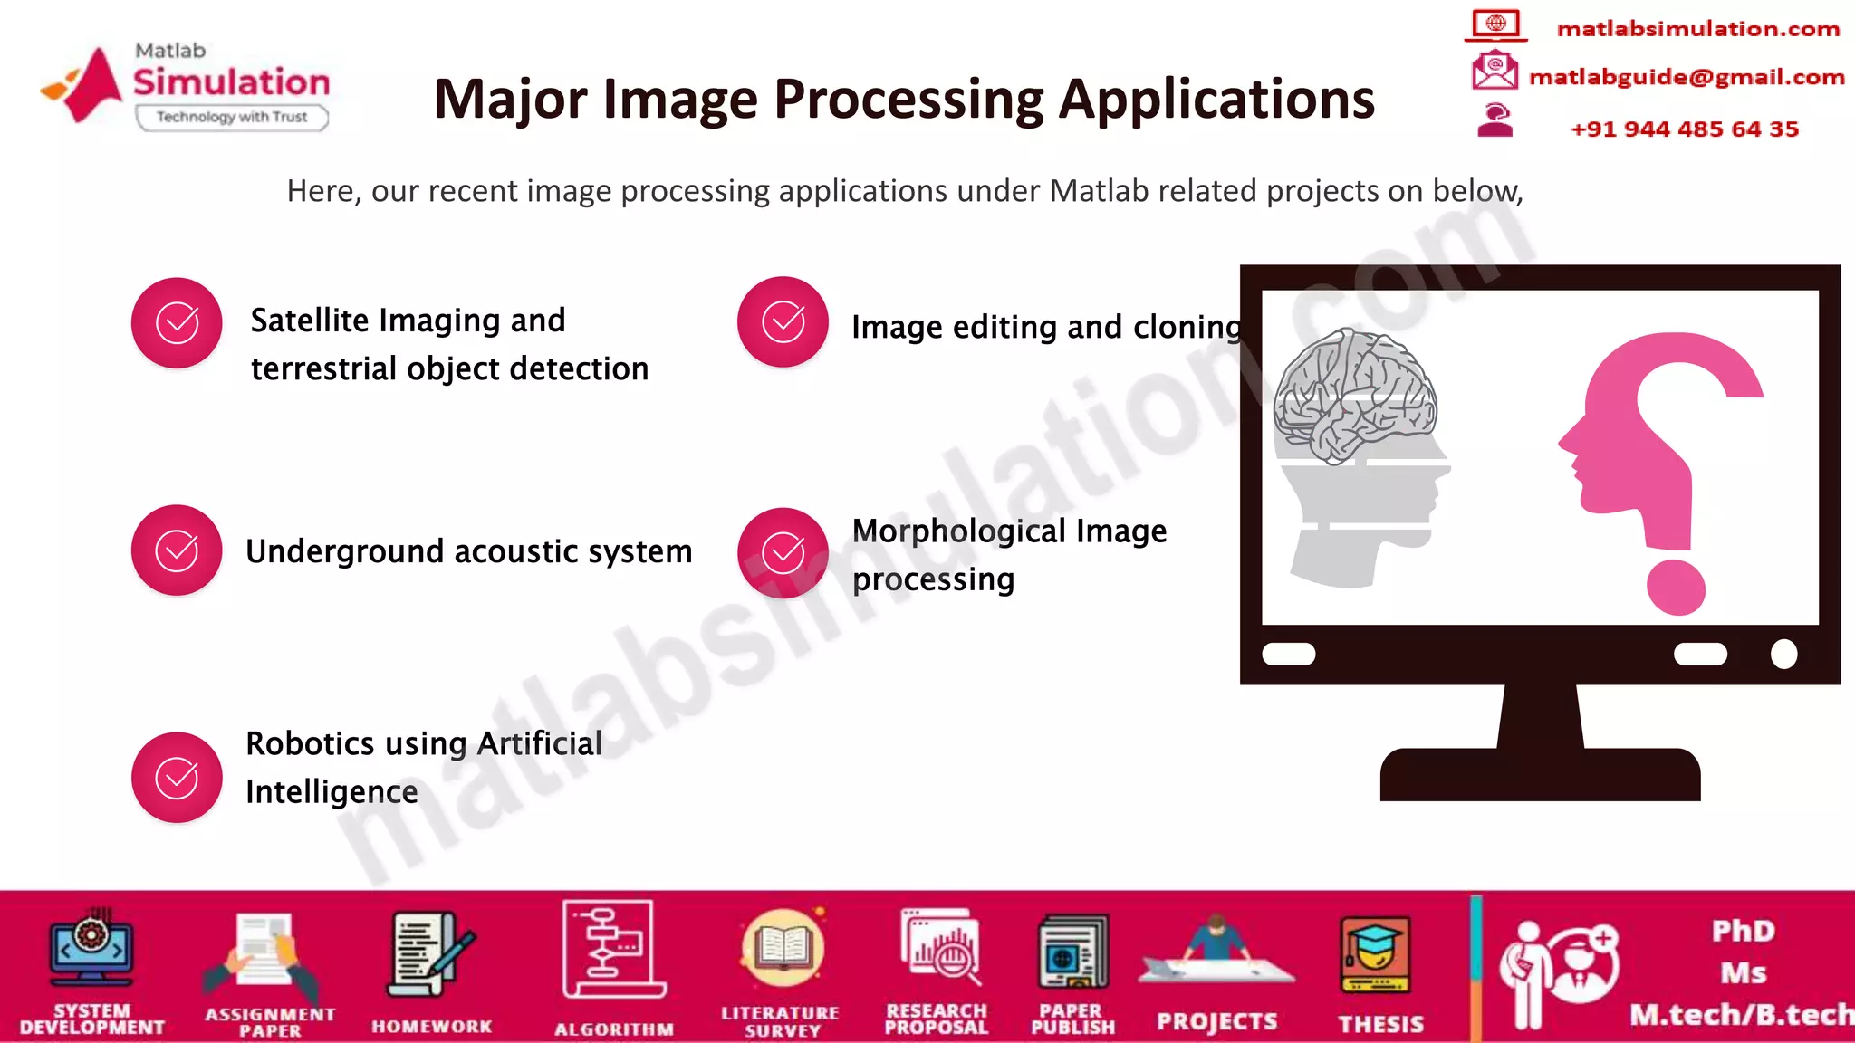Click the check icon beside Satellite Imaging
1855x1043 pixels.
click(177, 323)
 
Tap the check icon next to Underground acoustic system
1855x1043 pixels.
click(177, 550)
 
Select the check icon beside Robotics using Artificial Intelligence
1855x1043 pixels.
click(177, 778)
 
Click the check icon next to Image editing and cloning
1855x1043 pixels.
click(783, 322)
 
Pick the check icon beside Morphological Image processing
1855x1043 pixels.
click(783, 553)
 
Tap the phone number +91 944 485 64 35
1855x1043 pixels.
click(1685, 129)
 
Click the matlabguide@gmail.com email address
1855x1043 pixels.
click(1687, 78)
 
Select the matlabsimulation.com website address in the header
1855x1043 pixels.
click(1698, 29)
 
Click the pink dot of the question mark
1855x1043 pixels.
click(1676, 588)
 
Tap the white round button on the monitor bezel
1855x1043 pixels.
click(1783, 654)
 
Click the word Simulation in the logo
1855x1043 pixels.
click(232, 82)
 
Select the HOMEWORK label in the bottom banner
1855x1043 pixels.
click(432, 1027)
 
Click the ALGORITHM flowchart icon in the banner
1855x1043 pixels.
click(613, 949)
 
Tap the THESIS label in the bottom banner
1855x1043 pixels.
click(1381, 1024)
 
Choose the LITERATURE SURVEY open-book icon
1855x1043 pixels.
click(783, 948)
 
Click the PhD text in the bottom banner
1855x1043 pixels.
click(1744, 931)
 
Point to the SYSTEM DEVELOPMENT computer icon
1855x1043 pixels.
click(91, 948)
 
